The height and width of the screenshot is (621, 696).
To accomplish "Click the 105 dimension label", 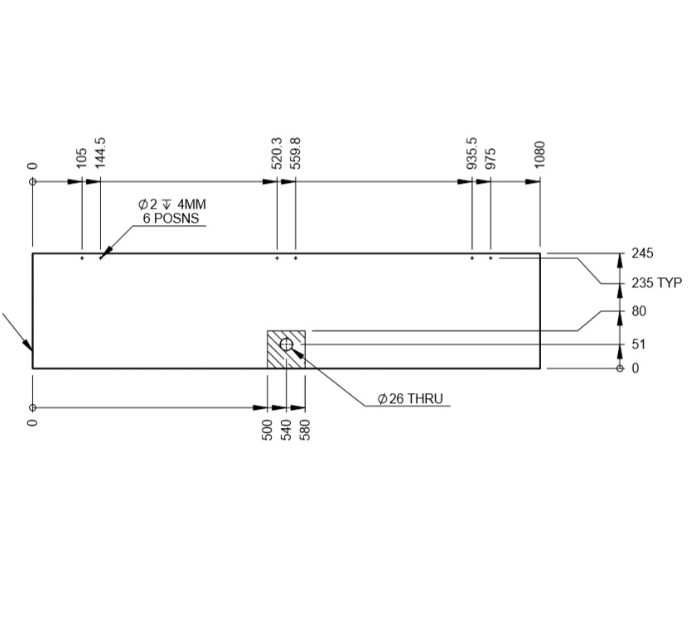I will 81,158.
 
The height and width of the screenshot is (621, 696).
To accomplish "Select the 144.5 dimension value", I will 100,153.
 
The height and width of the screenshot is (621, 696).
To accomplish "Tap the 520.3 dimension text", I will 277,153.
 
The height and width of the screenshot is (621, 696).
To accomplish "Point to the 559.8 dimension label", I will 296,153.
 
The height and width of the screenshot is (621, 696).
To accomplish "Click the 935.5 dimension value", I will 471,153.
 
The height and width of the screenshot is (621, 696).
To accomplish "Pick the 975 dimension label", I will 491,158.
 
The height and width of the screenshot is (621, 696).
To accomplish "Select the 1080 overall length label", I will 540,155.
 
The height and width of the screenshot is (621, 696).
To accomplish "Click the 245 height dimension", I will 643,253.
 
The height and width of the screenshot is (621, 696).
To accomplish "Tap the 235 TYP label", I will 656,283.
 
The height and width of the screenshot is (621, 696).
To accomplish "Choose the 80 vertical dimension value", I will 639,311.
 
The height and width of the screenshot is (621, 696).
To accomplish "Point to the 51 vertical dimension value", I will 638,344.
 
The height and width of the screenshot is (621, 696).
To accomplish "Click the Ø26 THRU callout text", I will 410,399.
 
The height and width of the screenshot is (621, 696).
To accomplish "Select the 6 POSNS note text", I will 171,219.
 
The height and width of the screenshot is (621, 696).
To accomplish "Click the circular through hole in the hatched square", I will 286,344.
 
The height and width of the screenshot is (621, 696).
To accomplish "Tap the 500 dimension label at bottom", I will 268,430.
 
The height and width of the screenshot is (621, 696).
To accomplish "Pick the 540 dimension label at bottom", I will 286,430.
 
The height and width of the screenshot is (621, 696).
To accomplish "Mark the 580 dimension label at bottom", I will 305,430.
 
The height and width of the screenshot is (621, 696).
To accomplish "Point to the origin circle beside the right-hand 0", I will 620,368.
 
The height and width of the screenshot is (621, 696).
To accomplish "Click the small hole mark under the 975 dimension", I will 491,258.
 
